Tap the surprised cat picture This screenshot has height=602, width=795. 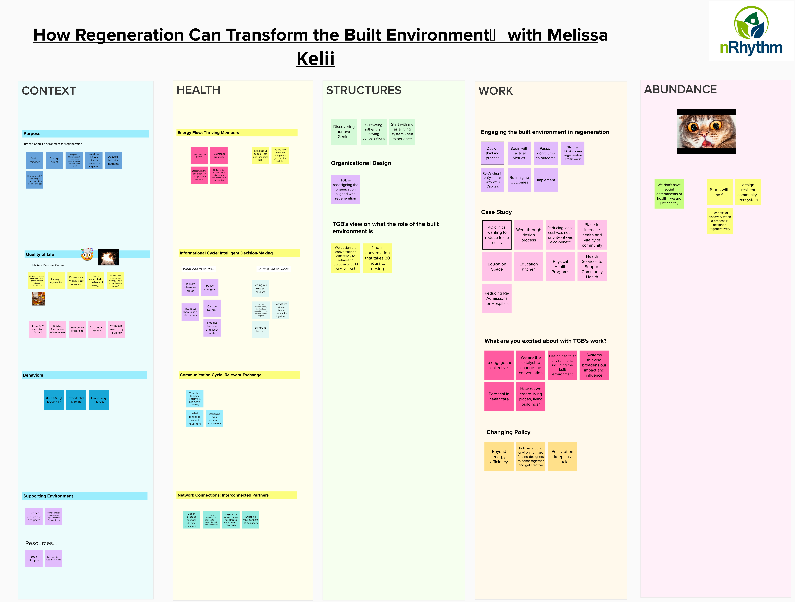click(x=706, y=132)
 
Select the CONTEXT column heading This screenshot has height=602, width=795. click(x=49, y=91)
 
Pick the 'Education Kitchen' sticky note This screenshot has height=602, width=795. click(x=528, y=267)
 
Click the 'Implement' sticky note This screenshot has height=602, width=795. click(x=546, y=180)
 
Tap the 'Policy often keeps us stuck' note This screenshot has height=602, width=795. click(x=562, y=456)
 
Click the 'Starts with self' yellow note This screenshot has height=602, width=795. click(x=719, y=192)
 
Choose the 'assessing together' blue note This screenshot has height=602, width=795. click(x=54, y=400)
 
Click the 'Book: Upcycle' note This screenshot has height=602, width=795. click(x=34, y=558)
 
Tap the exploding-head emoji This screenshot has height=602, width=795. click(x=87, y=254)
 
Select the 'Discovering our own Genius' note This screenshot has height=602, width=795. click(x=344, y=132)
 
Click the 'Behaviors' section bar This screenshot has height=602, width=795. click(x=84, y=375)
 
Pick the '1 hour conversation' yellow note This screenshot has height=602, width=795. click(x=377, y=258)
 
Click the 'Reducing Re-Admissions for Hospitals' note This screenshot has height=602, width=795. click(x=497, y=298)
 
